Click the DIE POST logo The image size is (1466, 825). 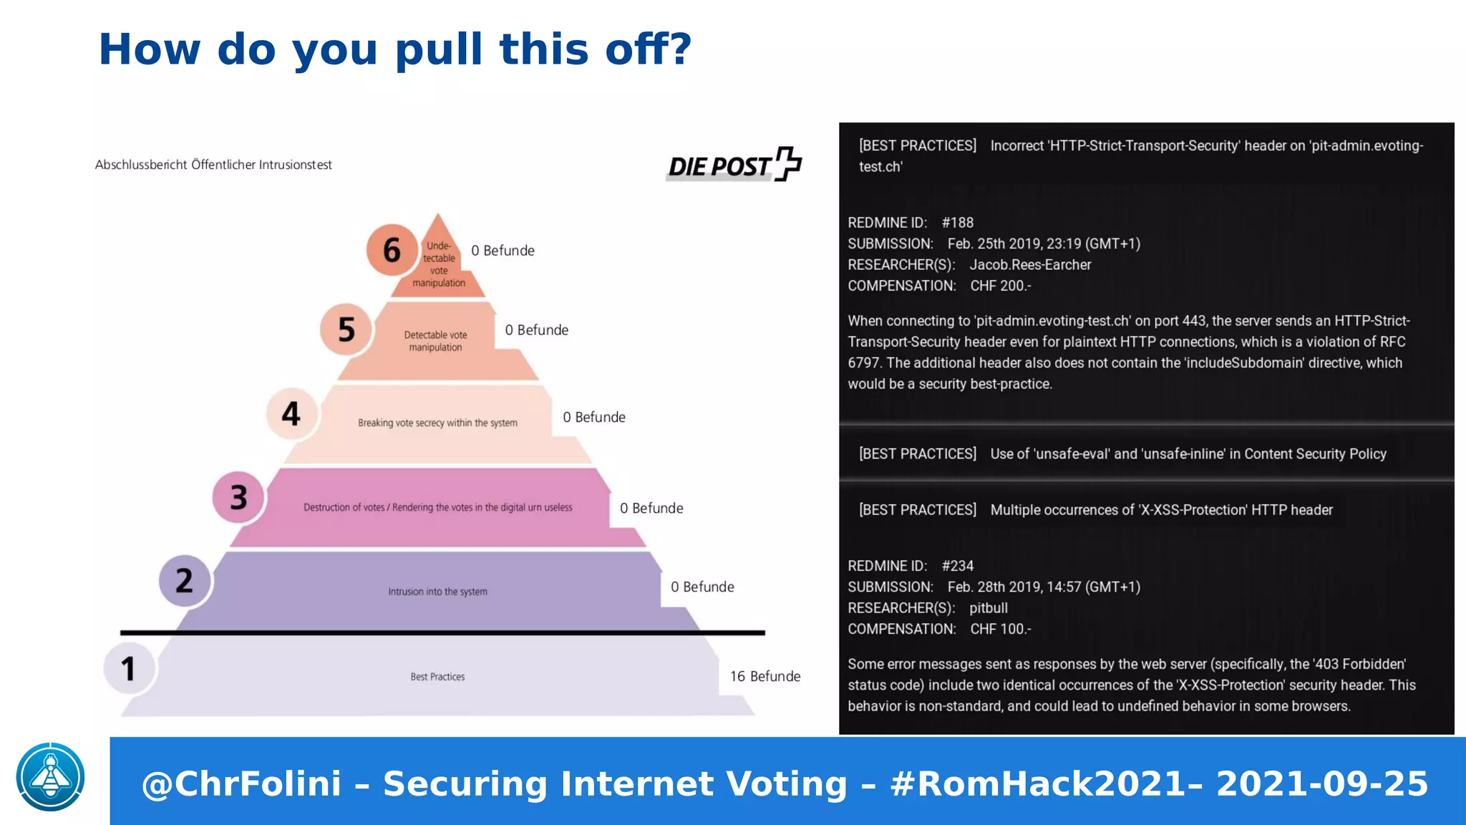tap(734, 165)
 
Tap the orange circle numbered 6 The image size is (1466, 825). tap(392, 250)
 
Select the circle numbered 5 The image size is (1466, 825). tap(346, 329)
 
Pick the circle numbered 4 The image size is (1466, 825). tap(291, 413)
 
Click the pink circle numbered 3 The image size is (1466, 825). tap(238, 497)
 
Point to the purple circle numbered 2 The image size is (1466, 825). tap(185, 580)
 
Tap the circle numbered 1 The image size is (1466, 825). tap(129, 669)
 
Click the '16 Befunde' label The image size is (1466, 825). tap(764, 676)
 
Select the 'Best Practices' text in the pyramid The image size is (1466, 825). tap(437, 677)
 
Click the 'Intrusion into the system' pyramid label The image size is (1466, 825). tap(437, 592)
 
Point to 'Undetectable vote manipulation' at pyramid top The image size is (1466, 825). tap(439, 264)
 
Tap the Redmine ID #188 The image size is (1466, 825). tap(958, 223)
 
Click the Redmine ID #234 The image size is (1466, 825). tap(958, 566)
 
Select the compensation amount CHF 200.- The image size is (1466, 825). tap(1001, 286)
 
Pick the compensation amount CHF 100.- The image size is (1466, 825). tap(1001, 629)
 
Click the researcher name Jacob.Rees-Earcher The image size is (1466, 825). tap(1030, 265)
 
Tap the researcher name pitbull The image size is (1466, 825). tap(989, 608)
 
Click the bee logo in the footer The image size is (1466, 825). tap(51, 777)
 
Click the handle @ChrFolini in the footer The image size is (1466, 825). tap(241, 783)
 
